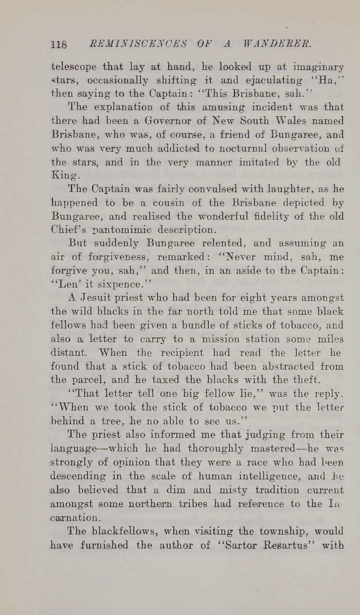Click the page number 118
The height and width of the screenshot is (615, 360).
click(60, 44)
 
